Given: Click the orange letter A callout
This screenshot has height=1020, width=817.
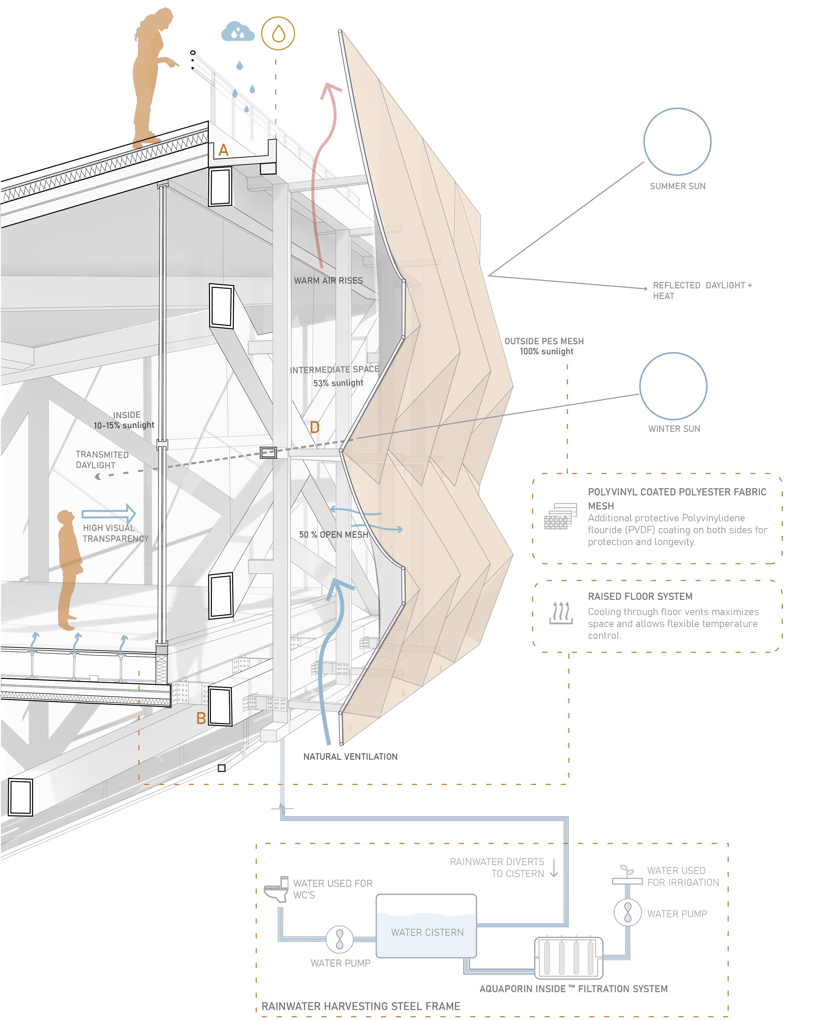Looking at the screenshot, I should tap(224, 150).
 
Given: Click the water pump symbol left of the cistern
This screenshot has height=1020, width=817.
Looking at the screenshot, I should tap(339, 939).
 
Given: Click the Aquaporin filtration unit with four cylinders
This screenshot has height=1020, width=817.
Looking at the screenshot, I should tap(568, 958).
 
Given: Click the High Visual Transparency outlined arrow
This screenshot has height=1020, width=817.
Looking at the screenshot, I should tap(109, 514).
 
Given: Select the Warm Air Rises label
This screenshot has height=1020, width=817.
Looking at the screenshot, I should tap(328, 281).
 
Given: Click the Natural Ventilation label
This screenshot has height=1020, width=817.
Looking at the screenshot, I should tap(350, 756).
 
